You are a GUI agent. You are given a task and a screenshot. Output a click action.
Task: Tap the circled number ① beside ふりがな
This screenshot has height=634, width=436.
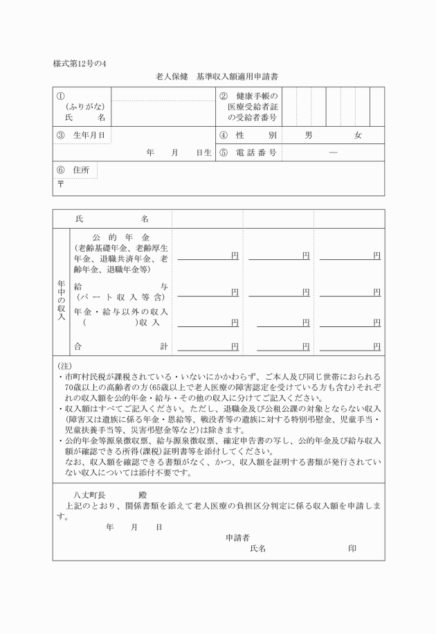[x=61, y=96]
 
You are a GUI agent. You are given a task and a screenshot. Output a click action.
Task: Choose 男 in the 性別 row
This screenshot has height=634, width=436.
[x=308, y=135]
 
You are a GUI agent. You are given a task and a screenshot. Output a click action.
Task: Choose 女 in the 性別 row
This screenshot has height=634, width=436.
[x=358, y=135]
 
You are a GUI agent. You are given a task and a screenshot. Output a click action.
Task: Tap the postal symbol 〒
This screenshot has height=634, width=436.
[x=60, y=185]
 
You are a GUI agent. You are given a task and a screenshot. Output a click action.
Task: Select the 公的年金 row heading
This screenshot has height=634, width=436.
[x=121, y=237]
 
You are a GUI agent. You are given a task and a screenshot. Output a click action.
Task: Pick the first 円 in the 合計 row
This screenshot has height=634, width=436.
[x=235, y=346]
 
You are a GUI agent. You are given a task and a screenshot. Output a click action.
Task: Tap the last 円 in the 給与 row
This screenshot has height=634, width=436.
[x=376, y=292]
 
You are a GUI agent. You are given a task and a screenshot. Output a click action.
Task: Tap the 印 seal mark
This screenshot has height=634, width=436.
[x=352, y=549]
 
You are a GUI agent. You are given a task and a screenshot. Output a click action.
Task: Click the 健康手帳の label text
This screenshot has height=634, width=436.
[x=256, y=96]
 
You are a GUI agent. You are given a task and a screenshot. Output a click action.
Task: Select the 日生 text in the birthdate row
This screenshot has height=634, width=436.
[x=203, y=153]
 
